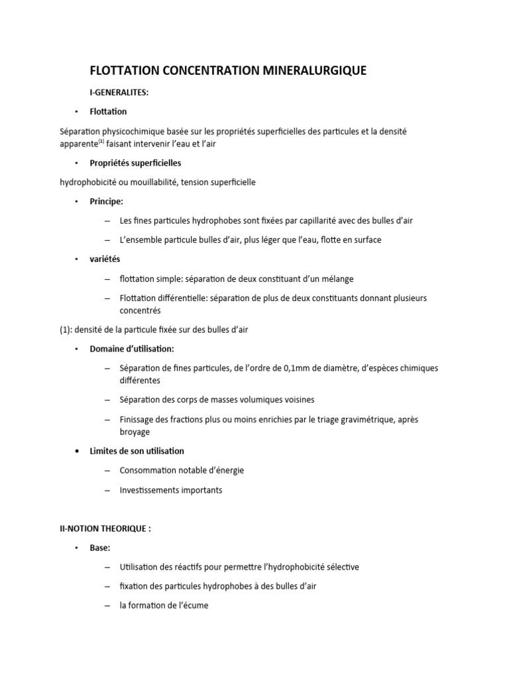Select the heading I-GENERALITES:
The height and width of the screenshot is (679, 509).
tap(119, 93)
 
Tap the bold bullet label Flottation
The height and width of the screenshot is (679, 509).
tap(108, 111)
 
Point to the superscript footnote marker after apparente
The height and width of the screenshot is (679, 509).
tap(101, 141)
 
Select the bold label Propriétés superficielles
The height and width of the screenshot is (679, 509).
tap(135, 162)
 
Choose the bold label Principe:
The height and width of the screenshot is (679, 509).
tap(107, 201)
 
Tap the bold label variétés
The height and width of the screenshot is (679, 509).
tap(105, 259)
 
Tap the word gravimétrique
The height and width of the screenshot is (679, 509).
tap(367, 420)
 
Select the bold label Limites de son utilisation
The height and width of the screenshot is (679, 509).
tap(137, 451)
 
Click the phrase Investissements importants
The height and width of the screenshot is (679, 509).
tap(171, 490)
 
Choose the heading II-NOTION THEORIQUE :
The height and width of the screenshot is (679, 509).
tap(105, 528)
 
